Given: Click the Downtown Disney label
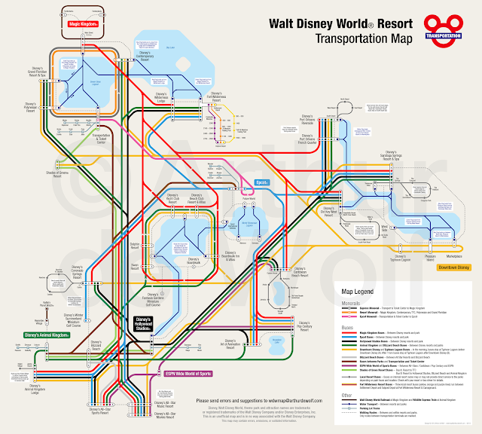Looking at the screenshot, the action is (453, 267).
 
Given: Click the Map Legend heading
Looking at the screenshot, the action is (358, 291).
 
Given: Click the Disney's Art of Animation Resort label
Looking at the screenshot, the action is (232, 345).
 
